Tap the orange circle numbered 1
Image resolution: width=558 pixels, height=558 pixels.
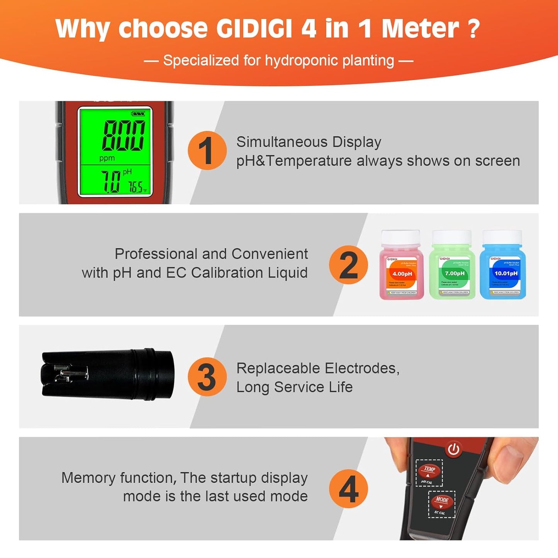coord(207,151)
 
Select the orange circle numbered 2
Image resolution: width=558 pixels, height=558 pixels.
coord(348,265)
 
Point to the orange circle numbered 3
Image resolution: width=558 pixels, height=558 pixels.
coord(207,377)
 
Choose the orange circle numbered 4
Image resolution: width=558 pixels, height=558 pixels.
coord(348,489)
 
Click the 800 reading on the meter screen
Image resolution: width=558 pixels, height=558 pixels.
coord(124,135)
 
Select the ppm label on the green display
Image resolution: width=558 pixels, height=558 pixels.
coord(107,158)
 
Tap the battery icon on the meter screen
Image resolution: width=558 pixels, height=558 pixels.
coord(138,114)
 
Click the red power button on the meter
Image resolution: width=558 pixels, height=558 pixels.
coord(453,449)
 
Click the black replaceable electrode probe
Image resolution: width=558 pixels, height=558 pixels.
coord(108,374)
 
